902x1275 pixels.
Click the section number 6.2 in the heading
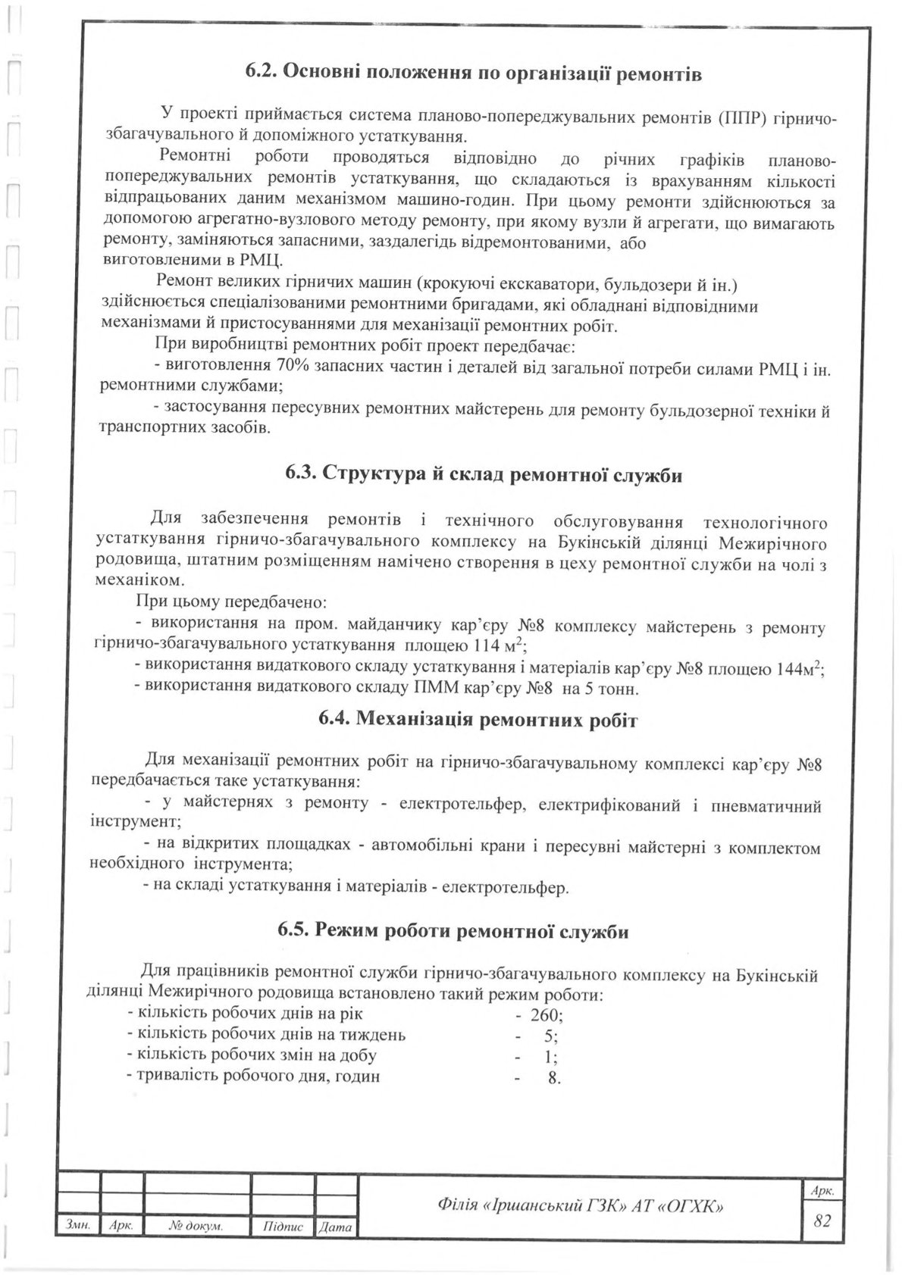(264, 73)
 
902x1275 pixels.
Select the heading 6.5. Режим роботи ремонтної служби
(452, 931)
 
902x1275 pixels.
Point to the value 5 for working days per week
(552, 1036)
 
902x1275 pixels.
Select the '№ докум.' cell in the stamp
(196, 1226)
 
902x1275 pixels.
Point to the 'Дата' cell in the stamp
(336, 1226)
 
